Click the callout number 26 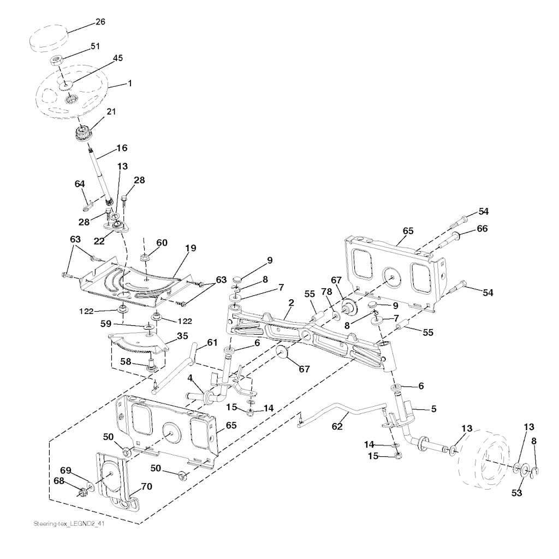100,22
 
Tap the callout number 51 95,46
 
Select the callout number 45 118,58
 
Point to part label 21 111,111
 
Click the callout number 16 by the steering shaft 122,148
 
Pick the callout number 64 80,184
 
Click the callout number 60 162,243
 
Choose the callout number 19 191,248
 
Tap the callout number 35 182,336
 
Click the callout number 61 212,343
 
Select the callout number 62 337,426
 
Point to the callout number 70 147,486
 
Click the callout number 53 516,493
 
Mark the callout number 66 482,229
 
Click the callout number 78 326,292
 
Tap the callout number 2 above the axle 292,303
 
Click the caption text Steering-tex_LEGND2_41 69,524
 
